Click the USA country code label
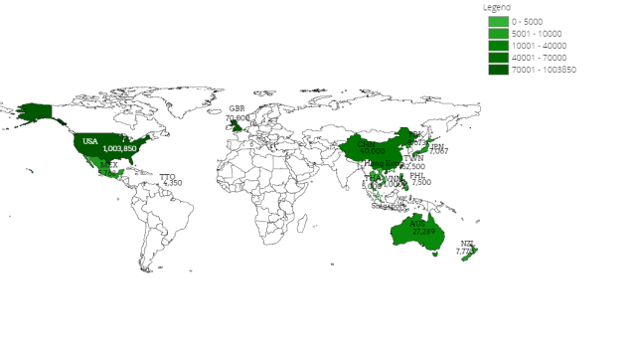[90, 141]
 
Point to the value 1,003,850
[119, 148]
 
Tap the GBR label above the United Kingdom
[237, 108]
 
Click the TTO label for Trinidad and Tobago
[167, 176]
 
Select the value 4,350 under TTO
[171, 183]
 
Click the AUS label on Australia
[417, 223]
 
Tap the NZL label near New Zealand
[467, 244]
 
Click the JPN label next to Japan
[437, 146]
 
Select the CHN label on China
[367, 143]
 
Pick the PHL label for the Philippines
[417, 175]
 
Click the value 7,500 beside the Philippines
[421, 182]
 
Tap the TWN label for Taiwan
[413, 158]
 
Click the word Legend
[497, 6]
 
